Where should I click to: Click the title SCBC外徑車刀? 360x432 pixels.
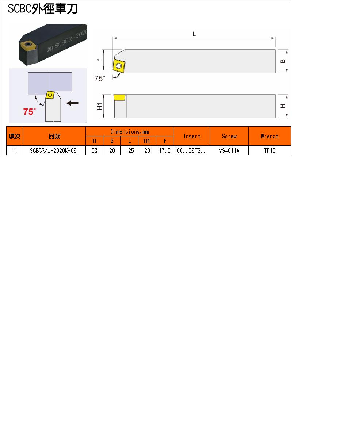(x=43, y=9)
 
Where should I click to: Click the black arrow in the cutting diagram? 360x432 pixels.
(x=73, y=103)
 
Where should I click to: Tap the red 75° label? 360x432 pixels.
(x=30, y=112)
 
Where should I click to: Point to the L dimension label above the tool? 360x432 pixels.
(x=194, y=34)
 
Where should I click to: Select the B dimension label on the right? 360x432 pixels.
(x=283, y=61)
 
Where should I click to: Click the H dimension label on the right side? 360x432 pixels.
(x=283, y=106)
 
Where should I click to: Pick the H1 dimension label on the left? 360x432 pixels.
(x=99, y=106)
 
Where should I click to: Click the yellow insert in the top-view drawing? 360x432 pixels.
(x=119, y=66)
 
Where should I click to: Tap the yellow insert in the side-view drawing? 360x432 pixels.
(x=119, y=98)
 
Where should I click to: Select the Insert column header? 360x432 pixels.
(x=192, y=136)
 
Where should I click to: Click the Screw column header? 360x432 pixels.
(x=229, y=136)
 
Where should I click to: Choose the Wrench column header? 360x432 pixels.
(x=270, y=136)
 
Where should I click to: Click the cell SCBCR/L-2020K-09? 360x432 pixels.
(x=53, y=150)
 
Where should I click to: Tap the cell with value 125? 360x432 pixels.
(x=130, y=150)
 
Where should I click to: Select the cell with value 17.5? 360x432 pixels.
(x=165, y=150)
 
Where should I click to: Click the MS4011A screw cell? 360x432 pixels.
(x=229, y=150)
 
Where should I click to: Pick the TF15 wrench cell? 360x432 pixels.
(x=270, y=150)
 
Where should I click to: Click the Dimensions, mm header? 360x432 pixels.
(x=130, y=131)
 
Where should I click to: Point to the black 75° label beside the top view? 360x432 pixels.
(x=99, y=79)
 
